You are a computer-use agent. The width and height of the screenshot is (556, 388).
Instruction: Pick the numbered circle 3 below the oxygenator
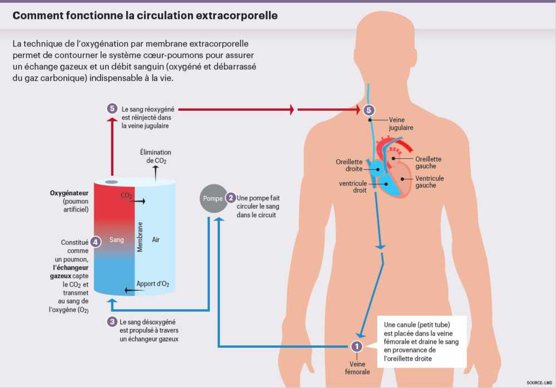[x=112, y=322]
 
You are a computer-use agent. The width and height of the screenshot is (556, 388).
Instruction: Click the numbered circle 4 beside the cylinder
[x=96, y=242]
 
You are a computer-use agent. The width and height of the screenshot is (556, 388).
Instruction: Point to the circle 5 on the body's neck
[x=368, y=110]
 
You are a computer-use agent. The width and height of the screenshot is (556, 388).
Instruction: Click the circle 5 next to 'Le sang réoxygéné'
[x=112, y=109]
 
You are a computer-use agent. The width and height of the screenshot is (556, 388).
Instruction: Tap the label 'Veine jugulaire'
[x=401, y=123]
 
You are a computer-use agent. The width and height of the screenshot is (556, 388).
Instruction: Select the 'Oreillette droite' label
[x=349, y=165]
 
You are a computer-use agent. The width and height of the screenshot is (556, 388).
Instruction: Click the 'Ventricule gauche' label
[x=430, y=181]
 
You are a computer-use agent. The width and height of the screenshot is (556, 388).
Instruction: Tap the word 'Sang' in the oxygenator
[x=117, y=240]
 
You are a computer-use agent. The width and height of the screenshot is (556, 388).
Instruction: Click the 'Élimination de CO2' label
[x=155, y=156]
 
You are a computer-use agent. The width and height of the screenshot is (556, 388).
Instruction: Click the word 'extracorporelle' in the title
[x=237, y=16]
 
